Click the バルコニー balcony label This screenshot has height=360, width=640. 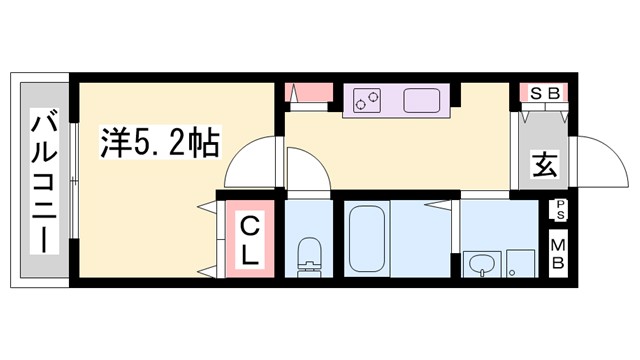coord(43,181)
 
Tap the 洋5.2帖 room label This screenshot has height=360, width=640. coord(159,143)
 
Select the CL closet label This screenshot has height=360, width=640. coord(249,239)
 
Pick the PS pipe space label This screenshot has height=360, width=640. coord(559,210)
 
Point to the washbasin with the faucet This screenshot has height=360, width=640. coord(483,264)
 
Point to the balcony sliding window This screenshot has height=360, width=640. coord(74,180)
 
